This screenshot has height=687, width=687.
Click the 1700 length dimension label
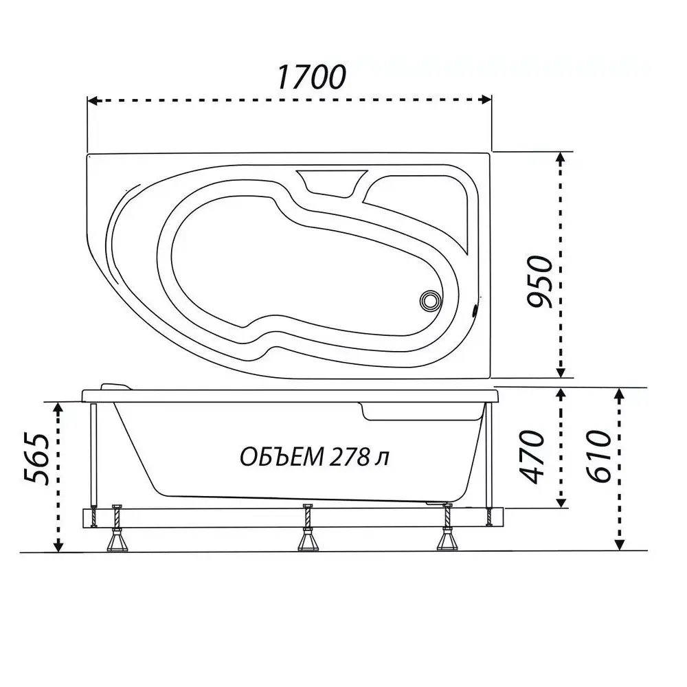(311, 77)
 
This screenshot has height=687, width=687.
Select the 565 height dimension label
(36, 459)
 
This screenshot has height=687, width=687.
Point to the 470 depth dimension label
(531, 457)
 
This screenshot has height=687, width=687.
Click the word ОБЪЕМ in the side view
(281, 457)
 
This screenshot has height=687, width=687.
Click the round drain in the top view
(430, 301)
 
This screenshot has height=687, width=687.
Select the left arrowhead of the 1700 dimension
(93, 100)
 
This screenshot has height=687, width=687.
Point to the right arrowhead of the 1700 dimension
(486, 100)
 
